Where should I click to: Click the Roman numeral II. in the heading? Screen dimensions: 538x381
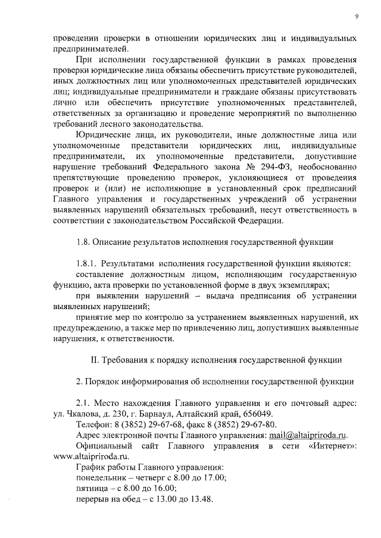[95, 360]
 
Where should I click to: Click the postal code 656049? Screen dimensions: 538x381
[256, 414]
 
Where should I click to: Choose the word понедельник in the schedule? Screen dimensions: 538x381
[104, 478]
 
